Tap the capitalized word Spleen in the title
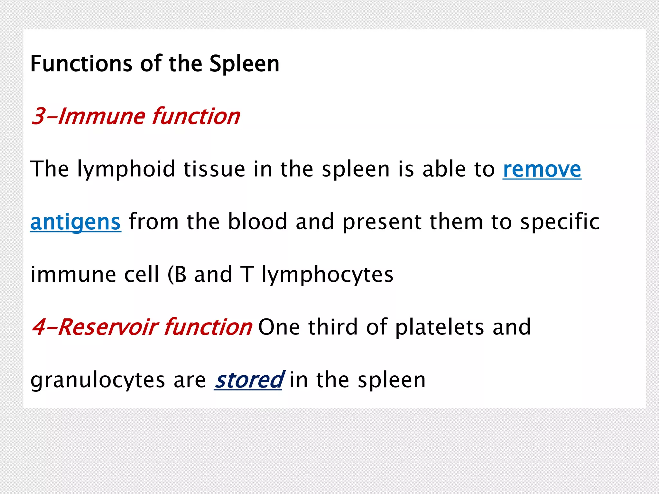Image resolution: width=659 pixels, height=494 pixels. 244,64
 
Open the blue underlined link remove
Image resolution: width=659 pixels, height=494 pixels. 542,169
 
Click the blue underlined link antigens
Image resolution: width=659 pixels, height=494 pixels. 76,222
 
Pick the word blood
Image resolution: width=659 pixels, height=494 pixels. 257,222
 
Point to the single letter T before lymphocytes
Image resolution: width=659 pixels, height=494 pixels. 247,275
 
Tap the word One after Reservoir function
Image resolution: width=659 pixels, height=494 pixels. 279,327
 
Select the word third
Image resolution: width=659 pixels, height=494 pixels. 333,327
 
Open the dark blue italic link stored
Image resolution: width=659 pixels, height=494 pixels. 249,380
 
